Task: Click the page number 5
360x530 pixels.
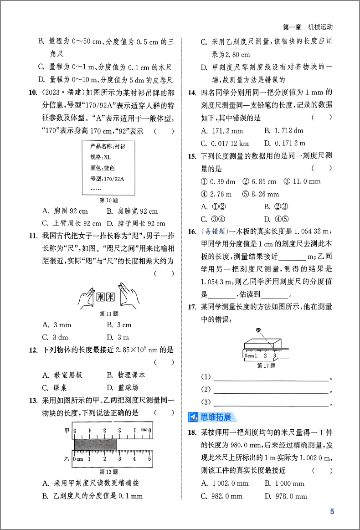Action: (332, 511)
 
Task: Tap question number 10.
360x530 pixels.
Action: (32, 93)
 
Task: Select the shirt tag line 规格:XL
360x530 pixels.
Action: (101, 156)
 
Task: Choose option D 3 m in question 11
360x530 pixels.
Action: (118, 337)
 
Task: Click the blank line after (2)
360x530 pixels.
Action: (271, 390)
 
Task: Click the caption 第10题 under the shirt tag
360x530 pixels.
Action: (109, 200)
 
